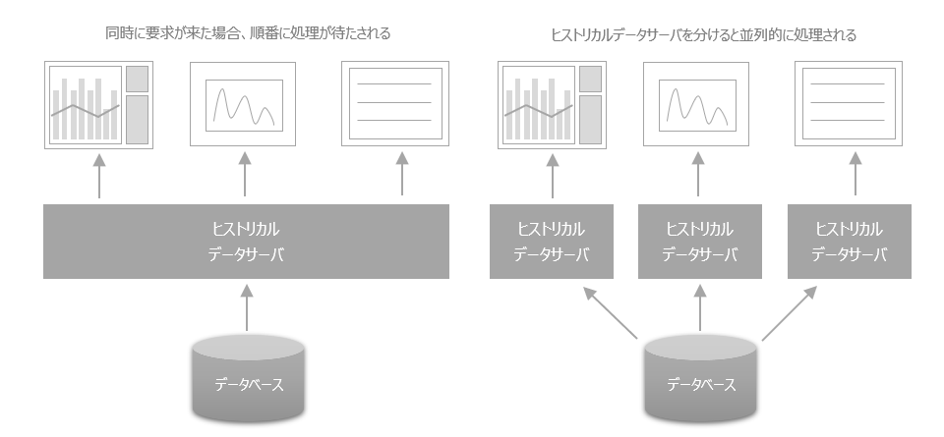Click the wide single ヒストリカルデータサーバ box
(x=246, y=241)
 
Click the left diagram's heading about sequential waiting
(x=248, y=33)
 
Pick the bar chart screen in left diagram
(x=98, y=104)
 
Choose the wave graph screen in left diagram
(x=245, y=104)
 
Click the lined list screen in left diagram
(x=393, y=104)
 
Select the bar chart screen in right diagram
(x=551, y=104)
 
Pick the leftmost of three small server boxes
(x=551, y=241)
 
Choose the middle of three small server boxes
(x=699, y=241)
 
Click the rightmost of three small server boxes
(x=850, y=241)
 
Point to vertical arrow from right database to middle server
(x=700, y=309)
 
